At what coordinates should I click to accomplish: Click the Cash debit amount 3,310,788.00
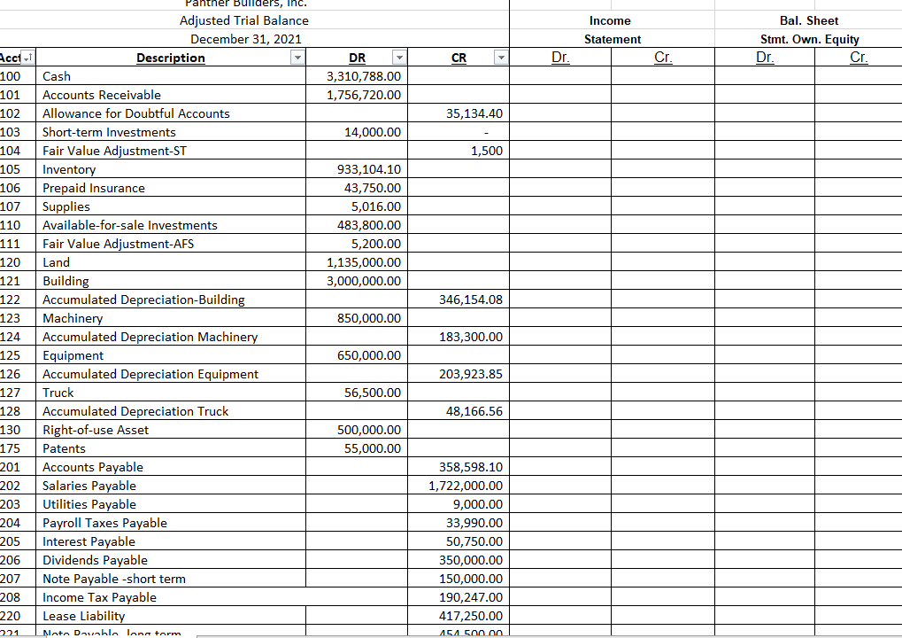364,76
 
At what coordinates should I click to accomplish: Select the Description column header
170,58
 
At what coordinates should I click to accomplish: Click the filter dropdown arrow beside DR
398,58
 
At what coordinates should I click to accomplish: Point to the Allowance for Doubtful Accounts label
136,113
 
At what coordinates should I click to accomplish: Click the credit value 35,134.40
470,113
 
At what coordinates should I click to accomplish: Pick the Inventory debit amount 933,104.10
369,169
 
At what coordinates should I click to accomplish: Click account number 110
11,225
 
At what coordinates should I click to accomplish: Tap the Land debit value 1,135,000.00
364,262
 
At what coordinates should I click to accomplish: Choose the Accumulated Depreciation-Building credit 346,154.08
470,300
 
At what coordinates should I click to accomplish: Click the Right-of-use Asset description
96,430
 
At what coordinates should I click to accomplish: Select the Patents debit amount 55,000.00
372,448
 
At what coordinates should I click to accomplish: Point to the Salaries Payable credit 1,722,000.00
466,486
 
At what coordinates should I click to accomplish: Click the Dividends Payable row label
95,560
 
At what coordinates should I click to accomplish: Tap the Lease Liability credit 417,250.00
470,616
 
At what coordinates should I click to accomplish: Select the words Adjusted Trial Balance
244,20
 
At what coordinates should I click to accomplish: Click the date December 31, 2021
245,39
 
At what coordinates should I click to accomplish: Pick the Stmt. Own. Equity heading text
809,39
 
